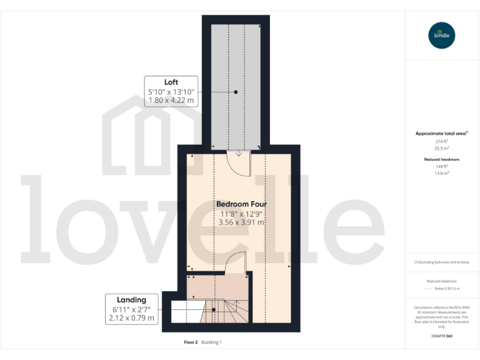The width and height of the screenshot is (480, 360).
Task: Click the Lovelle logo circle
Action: pos(442,35)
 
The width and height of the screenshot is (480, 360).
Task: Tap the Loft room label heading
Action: pos(171,82)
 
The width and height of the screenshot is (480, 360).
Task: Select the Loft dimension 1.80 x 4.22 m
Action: pos(171,100)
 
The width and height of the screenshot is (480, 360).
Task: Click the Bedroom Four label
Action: pos(240,204)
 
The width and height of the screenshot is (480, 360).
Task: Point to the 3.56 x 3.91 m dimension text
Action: pos(240,222)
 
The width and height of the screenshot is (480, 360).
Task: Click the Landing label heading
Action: pos(131,299)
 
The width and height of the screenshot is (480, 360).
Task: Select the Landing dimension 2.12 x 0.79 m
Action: pos(131,317)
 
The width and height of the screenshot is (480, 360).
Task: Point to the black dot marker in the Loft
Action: pos(236,92)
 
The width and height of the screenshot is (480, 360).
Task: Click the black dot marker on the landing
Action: pos(214,309)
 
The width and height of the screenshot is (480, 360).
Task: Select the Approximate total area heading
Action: pos(441,133)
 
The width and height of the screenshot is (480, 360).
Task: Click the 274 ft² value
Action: pos(442,142)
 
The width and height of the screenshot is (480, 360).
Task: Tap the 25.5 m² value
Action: pos(442,149)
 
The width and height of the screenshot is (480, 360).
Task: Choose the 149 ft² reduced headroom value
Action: pos(442,167)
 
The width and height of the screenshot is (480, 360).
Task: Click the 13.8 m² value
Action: pos(442,173)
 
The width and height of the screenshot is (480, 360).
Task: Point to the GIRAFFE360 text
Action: pos(442,336)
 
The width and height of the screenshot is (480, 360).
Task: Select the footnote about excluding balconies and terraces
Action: pos(442,262)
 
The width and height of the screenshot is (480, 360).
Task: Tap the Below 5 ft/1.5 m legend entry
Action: pos(447,289)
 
